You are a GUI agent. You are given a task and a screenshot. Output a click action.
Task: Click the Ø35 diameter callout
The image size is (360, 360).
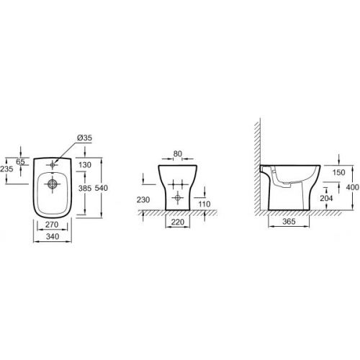[84, 138]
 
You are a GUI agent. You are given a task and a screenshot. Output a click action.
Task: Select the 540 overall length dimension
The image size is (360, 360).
[102, 188]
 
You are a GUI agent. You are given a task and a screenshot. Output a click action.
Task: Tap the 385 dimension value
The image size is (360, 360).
[85, 188]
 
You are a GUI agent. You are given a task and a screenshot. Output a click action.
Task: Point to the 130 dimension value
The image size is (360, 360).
[85, 165]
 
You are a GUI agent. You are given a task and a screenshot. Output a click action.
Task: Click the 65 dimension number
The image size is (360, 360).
[20, 162]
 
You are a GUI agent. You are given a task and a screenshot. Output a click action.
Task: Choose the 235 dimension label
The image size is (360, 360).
[6, 169]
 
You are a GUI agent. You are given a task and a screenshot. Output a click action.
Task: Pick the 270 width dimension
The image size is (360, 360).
[52, 225]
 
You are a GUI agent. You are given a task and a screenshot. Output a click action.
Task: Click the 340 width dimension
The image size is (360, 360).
[53, 237]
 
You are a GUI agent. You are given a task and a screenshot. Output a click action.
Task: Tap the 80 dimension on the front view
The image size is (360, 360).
[178, 153]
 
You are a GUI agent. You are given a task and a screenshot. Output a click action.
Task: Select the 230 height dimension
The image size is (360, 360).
[143, 199]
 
